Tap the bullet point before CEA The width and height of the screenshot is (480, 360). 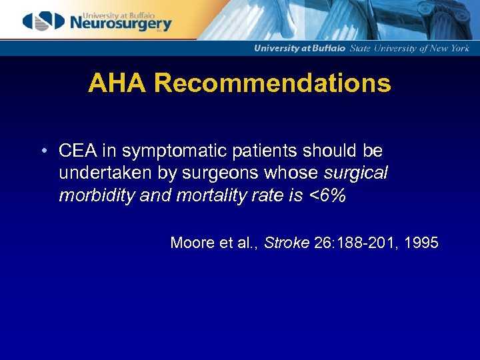[42, 151]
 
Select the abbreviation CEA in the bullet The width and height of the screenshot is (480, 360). [76, 151]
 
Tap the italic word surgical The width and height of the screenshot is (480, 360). [355, 174]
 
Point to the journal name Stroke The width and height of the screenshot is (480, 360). [287, 243]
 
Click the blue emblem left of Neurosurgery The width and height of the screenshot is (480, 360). [44, 21]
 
